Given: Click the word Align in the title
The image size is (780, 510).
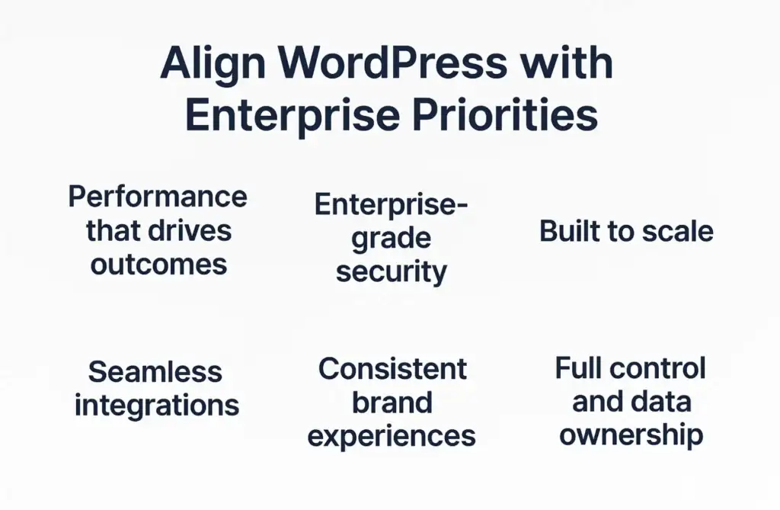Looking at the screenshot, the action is pos(213,65).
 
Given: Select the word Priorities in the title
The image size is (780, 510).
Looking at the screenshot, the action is pos(504,116).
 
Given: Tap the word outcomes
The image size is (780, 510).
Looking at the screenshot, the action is pos(158,264).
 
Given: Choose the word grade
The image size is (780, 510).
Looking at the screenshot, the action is pos(391,239).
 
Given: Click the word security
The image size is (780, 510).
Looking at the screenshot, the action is pos(392,272).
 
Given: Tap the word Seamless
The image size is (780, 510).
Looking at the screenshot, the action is pos(155,371).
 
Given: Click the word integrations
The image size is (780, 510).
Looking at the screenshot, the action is pos(157,406).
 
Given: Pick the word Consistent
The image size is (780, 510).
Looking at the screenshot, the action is pos(392,369).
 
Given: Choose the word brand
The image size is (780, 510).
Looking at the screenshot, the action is pos(392,403).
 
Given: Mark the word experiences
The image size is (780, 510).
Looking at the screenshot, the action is pos(392,436).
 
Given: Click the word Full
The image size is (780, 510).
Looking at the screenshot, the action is pos(577,368).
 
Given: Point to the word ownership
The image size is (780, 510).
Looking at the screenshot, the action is pos(631,435).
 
